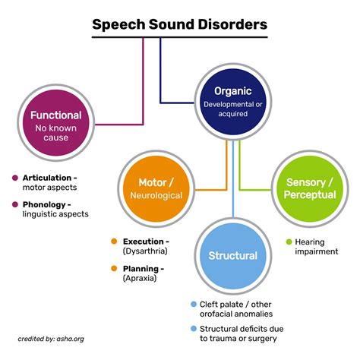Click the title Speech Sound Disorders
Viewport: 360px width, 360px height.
tap(179, 25)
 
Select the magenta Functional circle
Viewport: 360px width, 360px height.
tap(55, 122)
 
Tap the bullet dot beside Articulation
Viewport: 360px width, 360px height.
tap(14, 178)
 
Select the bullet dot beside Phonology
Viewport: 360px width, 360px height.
tap(14, 204)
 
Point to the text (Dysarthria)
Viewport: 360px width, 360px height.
tap(145, 251)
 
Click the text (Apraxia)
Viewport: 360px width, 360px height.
tap(141, 279)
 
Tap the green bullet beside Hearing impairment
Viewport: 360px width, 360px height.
tap(289, 242)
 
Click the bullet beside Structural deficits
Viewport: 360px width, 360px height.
tap(194, 329)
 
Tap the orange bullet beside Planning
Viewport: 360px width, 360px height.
tap(114, 268)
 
